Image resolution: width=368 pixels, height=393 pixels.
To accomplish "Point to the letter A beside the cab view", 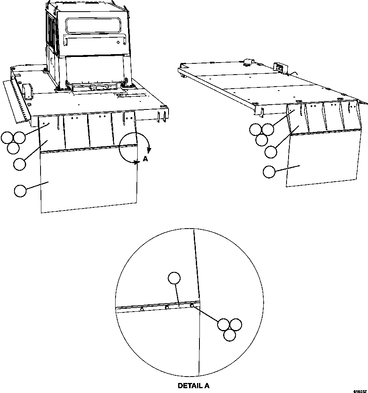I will tap(145, 160).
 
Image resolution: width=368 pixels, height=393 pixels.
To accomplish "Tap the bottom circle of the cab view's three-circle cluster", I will tap(13, 148).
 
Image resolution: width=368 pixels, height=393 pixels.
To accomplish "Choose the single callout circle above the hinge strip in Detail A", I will tap(174, 278).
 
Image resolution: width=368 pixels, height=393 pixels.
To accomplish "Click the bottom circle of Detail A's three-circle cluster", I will tap(230, 335).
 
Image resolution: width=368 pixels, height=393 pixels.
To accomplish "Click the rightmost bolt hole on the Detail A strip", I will tap(192, 306).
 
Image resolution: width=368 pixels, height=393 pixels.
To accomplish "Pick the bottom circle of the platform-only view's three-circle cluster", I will tap(262, 140).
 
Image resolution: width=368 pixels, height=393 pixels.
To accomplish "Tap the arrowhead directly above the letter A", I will tap(148, 150).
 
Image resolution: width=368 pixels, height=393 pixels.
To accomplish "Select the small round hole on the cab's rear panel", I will tap(118, 42).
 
